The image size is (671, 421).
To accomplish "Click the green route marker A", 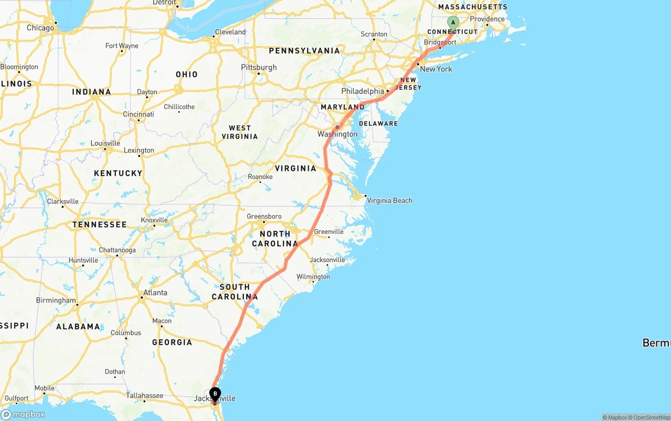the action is pos(453,23).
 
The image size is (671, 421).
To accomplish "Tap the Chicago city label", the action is pos(40,28).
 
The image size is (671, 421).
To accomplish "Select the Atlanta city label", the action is pos(155,293).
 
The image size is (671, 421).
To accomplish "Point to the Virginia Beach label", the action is pos(389,200).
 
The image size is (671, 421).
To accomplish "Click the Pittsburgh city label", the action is pos(258,67).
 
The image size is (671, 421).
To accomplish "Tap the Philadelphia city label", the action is pos(363,91).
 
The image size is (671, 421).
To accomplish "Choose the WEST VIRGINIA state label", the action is pos(240,132).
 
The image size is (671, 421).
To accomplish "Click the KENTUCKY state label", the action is pos(118,173).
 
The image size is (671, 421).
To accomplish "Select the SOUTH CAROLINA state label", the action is pos(235,292).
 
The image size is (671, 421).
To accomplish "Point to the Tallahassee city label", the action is pos(144,396).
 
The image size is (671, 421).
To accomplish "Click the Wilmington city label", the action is pos(313,276).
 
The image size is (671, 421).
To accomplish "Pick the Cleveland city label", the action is pos(230,32).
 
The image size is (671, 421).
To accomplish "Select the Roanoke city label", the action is pos(260,177).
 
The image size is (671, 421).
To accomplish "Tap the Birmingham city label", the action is pos(56,300).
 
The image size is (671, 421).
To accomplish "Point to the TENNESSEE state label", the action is pos(100,224).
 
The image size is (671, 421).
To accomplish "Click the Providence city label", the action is pos(487,19).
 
